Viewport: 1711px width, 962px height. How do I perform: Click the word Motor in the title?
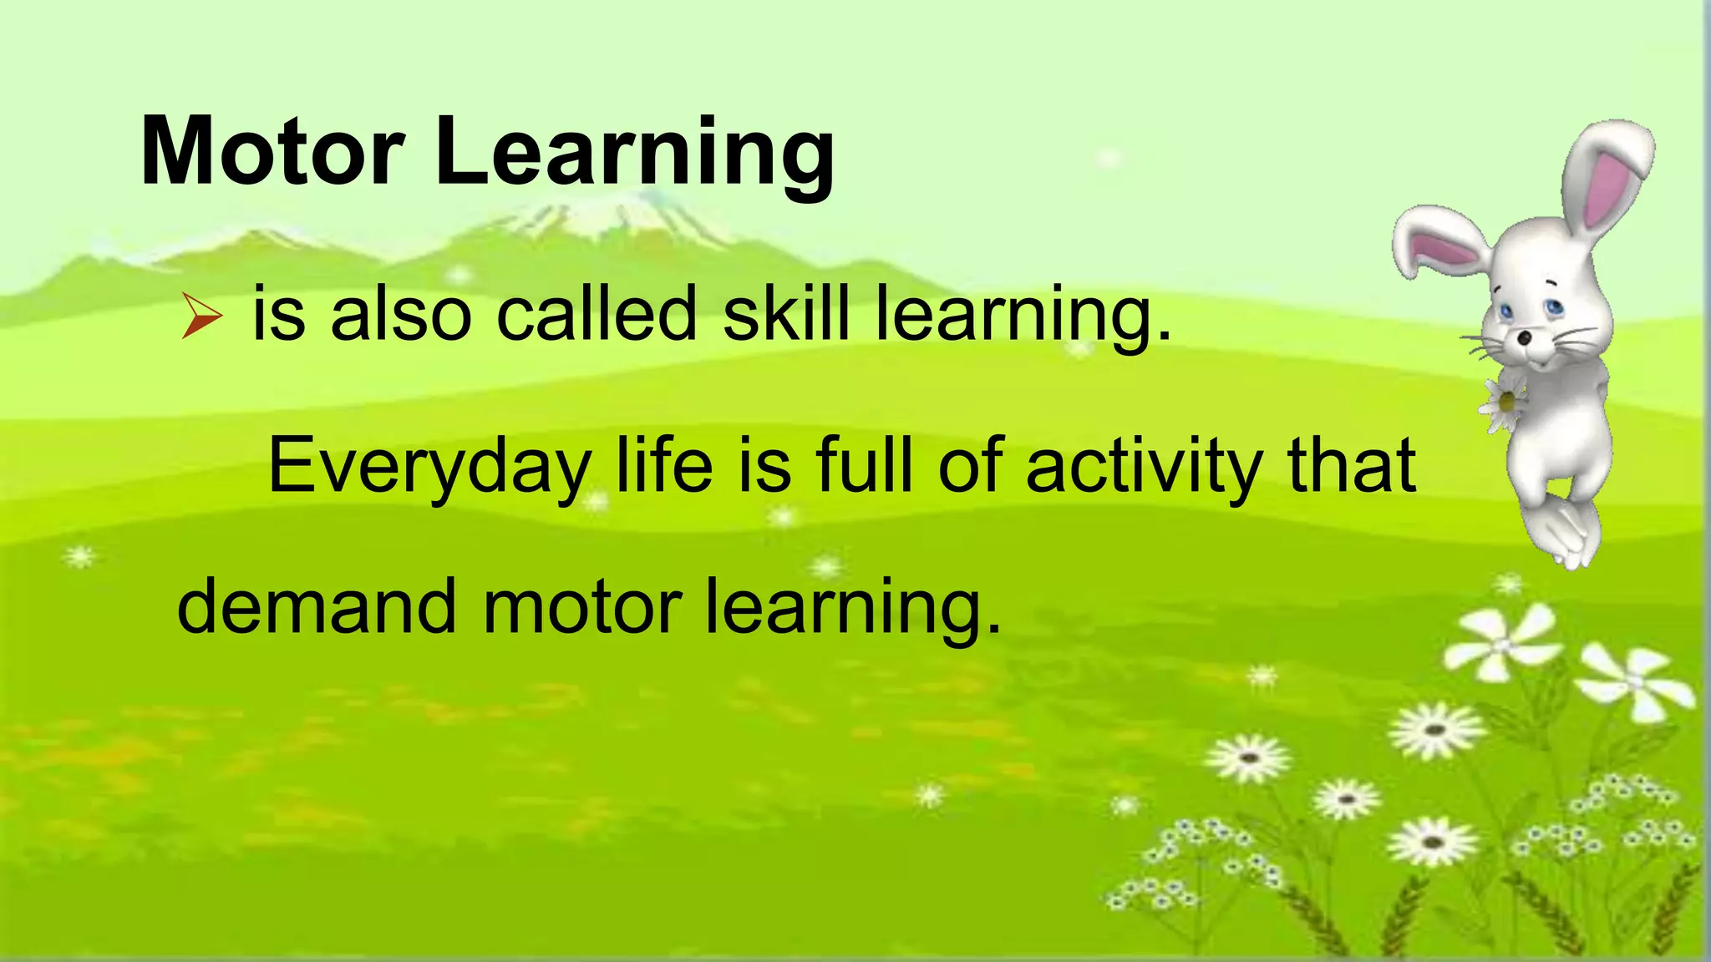[272, 152]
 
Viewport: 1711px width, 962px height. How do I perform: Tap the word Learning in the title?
[635, 154]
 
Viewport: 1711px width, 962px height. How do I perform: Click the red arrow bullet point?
[201, 318]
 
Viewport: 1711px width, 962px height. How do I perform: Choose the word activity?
[1144, 465]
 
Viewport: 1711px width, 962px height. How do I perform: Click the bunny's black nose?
[1525, 338]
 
